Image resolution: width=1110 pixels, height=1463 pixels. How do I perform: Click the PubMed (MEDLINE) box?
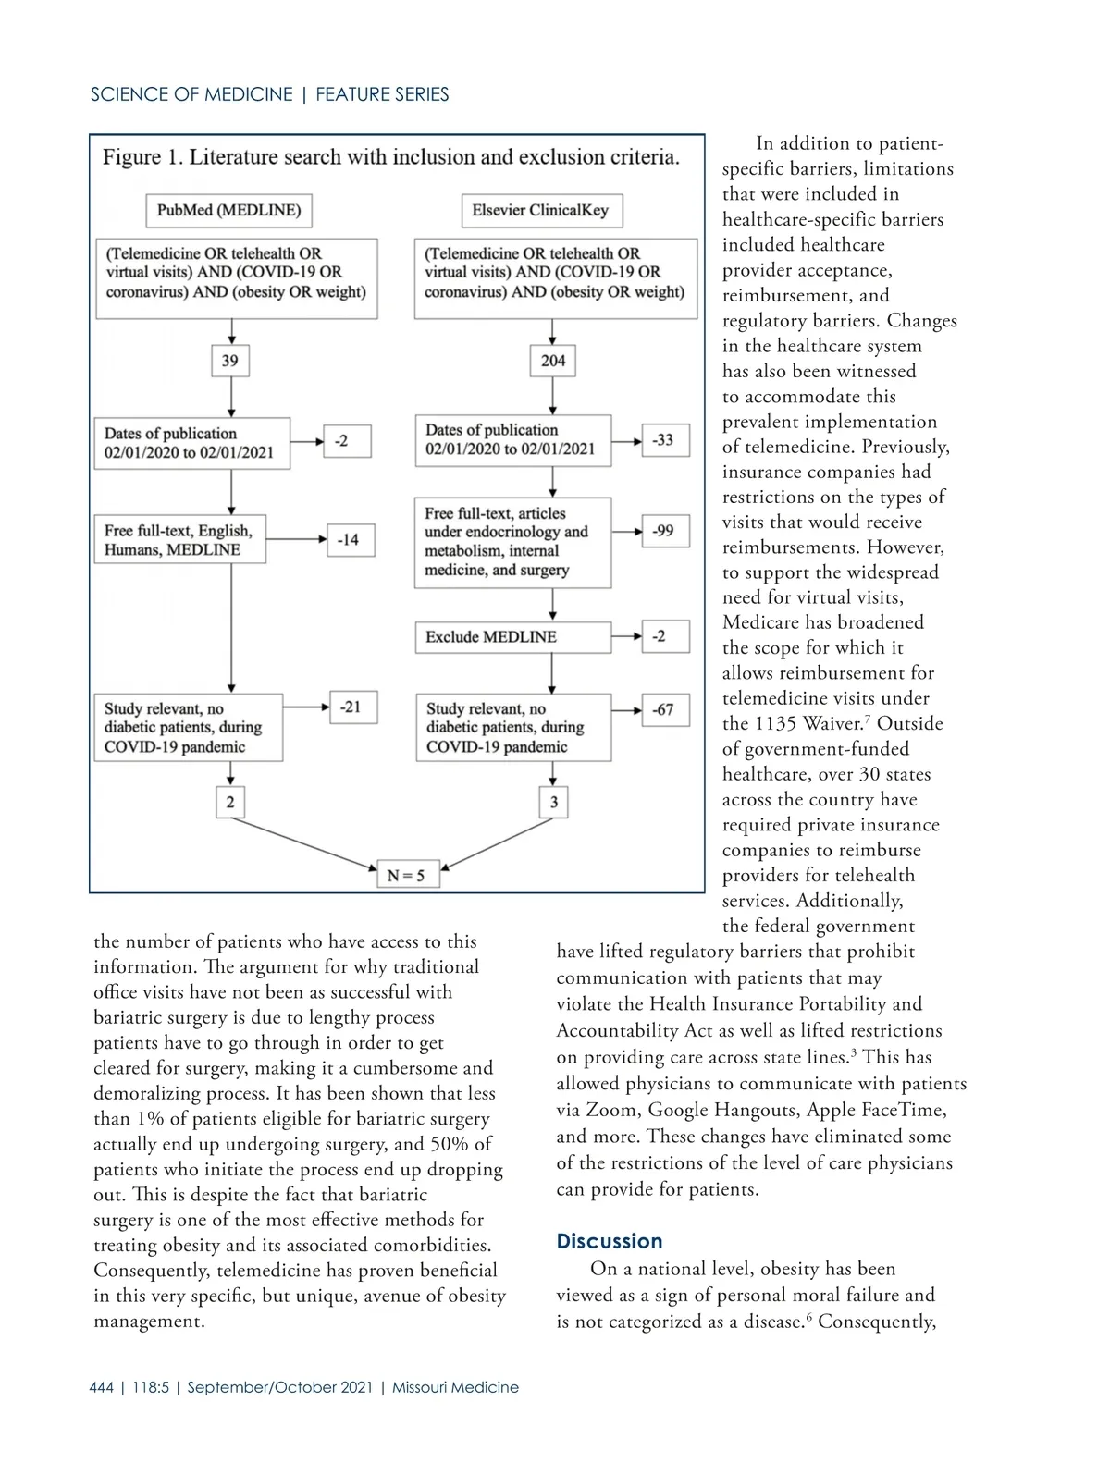coord(228,211)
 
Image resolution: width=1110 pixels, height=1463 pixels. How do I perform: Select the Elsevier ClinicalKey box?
coord(541,211)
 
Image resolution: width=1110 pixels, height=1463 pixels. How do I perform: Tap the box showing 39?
coord(230,361)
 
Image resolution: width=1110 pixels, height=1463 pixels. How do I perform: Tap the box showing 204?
coord(553,361)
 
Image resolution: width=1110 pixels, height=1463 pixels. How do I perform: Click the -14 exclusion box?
coord(351,539)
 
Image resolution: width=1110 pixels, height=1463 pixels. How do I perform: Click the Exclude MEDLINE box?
coord(512,637)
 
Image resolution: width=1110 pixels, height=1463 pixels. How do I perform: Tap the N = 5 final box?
coord(407,875)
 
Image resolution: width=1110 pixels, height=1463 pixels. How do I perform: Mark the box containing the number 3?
coord(553,802)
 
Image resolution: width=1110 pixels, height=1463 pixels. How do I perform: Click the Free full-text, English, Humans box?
coord(179,540)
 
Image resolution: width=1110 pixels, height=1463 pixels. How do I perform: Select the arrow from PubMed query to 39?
coord(231,331)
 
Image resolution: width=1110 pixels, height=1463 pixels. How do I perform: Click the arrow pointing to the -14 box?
coord(296,538)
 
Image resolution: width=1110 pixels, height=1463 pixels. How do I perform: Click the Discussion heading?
coord(610,1241)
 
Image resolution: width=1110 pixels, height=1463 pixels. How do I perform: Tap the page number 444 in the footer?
coord(102,1387)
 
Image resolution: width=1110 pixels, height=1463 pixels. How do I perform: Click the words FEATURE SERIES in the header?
coord(382,94)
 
